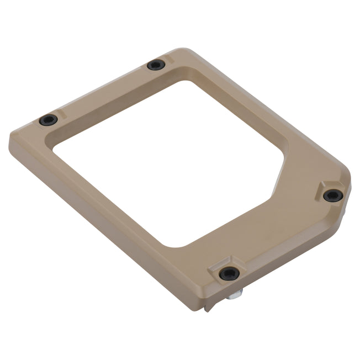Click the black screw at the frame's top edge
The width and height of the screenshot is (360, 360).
156,65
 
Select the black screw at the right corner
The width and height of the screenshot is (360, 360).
333,195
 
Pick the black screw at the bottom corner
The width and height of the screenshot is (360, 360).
229,273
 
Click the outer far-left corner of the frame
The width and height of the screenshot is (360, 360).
11,138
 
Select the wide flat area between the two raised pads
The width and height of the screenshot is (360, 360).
282,232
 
